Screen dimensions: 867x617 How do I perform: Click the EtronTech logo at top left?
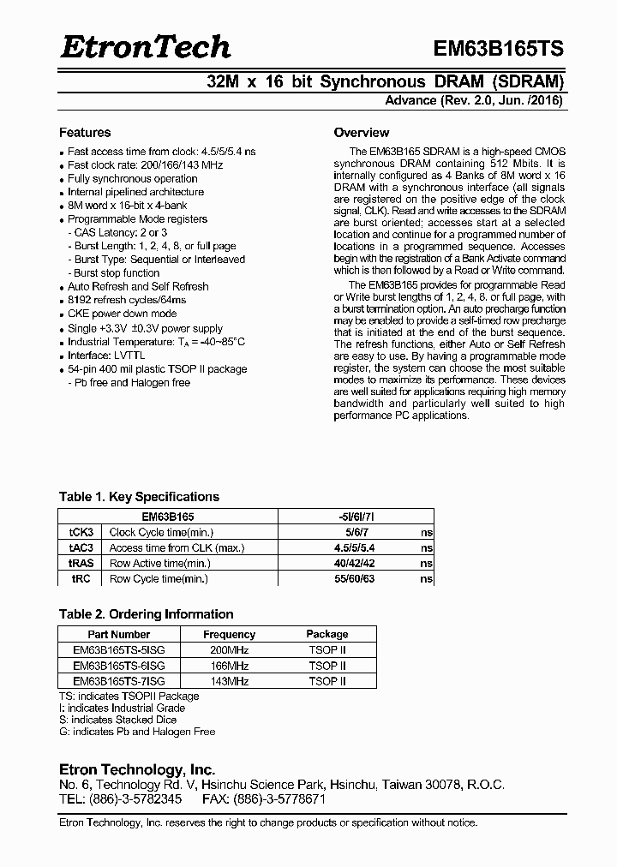145,46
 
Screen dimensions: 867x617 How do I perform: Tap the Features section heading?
84,133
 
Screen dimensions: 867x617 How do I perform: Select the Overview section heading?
361,133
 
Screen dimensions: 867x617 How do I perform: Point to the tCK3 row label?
81,532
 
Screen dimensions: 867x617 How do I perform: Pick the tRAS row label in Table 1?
81,563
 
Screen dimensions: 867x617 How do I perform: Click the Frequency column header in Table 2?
229,635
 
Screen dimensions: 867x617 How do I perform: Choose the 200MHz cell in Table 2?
229,650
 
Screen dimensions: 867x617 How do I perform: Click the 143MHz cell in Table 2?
229,681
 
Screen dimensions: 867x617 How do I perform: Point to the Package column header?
326,635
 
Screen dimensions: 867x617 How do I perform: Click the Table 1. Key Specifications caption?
139,497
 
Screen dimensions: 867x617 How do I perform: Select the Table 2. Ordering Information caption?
146,614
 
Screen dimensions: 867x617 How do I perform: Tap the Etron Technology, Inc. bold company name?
136,769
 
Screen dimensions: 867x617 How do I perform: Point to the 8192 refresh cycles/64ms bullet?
127,300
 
